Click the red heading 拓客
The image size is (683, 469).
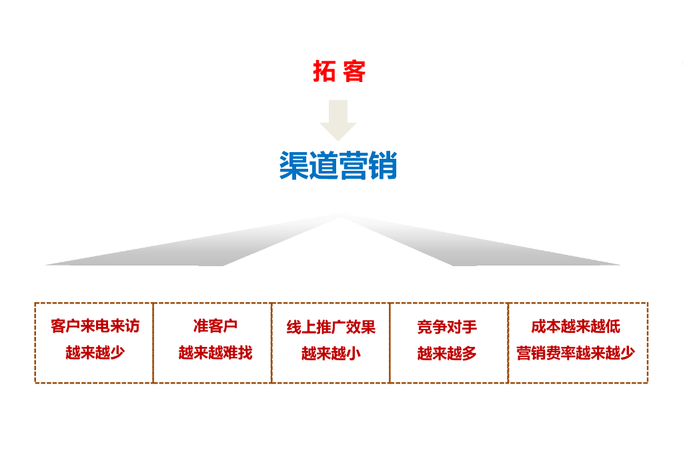(339, 71)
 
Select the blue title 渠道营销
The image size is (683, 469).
(338, 165)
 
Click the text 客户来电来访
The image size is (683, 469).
(95, 326)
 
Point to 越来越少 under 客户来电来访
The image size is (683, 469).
(95, 353)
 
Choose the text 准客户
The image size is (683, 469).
(215, 326)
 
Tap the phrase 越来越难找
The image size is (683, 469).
(215, 353)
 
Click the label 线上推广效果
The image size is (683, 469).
(331, 327)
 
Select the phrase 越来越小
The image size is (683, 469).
(331, 354)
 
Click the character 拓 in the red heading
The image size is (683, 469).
(324, 71)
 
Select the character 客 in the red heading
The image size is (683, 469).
(354, 71)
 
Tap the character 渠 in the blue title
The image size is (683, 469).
(293, 165)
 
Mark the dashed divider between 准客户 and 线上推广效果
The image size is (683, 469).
(271, 343)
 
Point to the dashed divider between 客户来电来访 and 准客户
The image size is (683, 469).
(153, 343)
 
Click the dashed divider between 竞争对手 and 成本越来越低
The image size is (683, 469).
(508, 343)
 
